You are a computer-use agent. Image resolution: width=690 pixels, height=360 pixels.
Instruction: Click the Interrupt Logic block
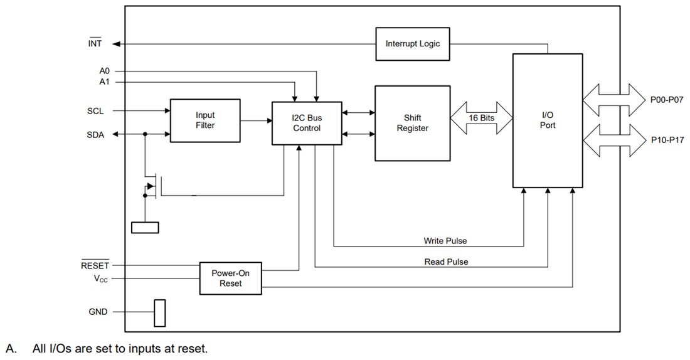(x=412, y=44)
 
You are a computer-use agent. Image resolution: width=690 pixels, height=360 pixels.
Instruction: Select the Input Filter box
(x=204, y=120)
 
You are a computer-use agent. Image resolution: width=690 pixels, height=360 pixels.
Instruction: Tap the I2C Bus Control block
(x=307, y=123)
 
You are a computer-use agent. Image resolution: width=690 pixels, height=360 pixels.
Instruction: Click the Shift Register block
(x=412, y=123)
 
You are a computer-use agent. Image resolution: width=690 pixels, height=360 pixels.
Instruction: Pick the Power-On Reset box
(x=230, y=278)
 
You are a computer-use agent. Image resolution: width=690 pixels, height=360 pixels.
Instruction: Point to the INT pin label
(x=95, y=44)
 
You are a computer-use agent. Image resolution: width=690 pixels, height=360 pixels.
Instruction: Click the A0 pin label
(x=104, y=71)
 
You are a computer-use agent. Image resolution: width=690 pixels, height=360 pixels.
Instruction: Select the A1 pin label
(x=104, y=82)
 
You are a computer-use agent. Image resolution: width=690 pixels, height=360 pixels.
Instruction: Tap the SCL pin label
(x=95, y=111)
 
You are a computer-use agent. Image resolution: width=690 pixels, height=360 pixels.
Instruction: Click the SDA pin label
(x=95, y=134)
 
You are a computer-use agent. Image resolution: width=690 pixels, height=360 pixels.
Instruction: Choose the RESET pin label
(x=95, y=265)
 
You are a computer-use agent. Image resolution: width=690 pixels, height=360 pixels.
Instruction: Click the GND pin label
(x=98, y=312)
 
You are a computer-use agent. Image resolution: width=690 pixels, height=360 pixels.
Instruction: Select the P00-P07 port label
(x=666, y=99)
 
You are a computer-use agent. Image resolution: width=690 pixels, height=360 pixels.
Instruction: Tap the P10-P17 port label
(x=666, y=142)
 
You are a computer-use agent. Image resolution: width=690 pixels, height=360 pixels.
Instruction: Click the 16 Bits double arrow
(x=481, y=117)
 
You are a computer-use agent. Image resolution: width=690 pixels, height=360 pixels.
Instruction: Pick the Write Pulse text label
(x=445, y=241)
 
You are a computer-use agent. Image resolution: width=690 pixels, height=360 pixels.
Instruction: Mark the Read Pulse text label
(x=446, y=262)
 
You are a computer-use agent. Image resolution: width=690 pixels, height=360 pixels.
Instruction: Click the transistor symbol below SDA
(x=152, y=186)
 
